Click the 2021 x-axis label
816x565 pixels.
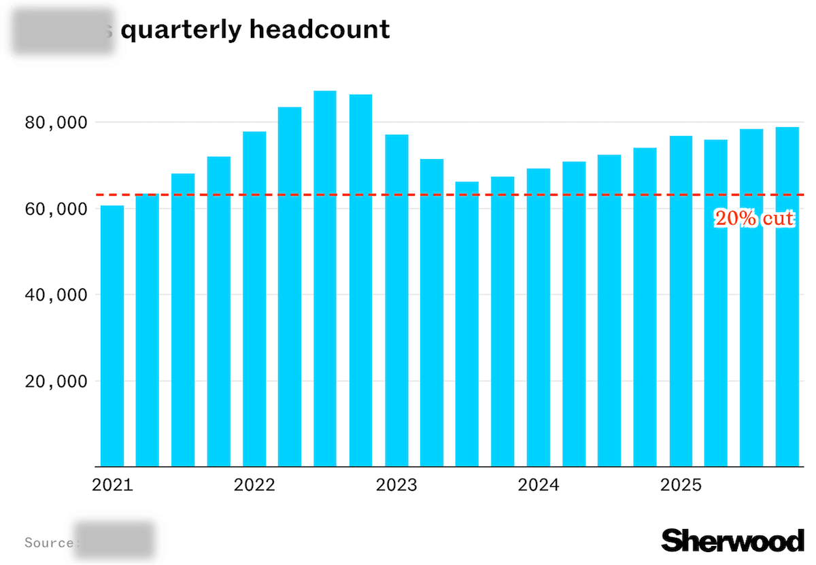point(112,485)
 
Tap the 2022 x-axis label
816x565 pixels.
point(254,485)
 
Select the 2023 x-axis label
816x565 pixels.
point(396,485)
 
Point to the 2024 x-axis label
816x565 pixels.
point(539,485)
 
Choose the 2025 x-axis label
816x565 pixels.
point(681,485)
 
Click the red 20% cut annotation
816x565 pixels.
point(754,219)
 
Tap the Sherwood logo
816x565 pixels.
point(732,541)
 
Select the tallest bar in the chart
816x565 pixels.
point(325,279)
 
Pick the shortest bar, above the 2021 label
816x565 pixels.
point(112,336)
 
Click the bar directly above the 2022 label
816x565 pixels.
point(254,299)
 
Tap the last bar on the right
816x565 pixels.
point(787,296)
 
